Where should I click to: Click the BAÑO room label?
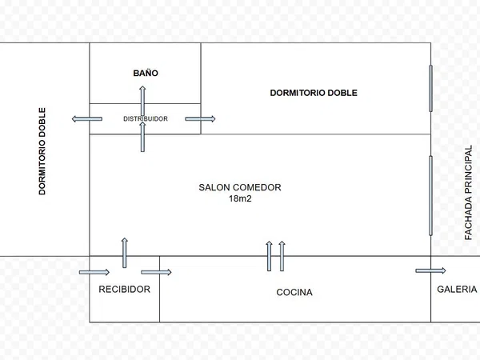[x=146, y=73]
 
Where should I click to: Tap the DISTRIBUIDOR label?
[x=146, y=118]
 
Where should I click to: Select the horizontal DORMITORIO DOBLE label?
[x=314, y=93]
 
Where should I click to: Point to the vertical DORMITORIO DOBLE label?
[x=42, y=151]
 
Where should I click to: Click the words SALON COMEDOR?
[x=240, y=187]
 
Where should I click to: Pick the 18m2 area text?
[x=240, y=198]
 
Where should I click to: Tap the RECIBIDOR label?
[x=124, y=290]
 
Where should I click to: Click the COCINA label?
[x=294, y=292]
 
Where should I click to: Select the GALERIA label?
[x=457, y=290]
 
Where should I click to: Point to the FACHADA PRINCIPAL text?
[x=468, y=192]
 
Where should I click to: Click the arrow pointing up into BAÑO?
[x=142, y=101]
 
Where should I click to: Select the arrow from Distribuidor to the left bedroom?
[x=87, y=118]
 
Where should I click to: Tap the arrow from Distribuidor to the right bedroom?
[x=200, y=118]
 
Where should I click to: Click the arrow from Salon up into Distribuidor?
[x=142, y=137]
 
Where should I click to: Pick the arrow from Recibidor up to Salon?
[x=124, y=253]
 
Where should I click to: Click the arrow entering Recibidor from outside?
[x=94, y=272]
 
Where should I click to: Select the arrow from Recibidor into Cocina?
[x=156, y=272]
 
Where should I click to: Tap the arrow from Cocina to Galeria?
[x=430, y=270]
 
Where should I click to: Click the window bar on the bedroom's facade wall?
[x=430, y=88]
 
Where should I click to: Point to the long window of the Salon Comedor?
[x=430, y=196]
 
